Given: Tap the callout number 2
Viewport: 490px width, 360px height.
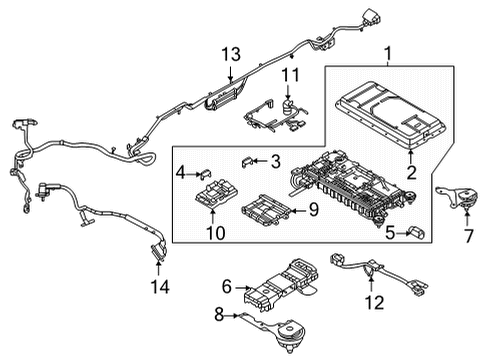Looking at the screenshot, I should pos(410,172).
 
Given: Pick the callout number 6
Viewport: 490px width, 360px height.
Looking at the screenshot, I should pos(227,286).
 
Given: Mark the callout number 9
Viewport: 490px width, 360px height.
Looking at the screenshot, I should pos(311,209).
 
